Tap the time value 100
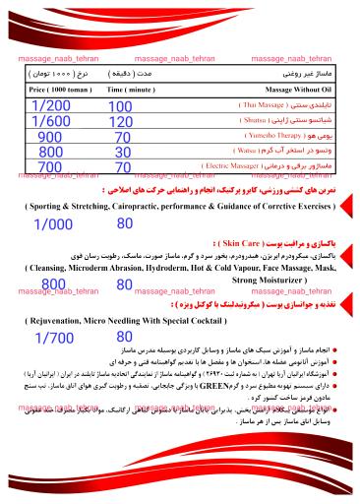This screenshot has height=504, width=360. pos(120,106)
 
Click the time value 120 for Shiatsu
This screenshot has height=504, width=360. pos(120,122)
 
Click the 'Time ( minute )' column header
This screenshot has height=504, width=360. pos(129,89)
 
